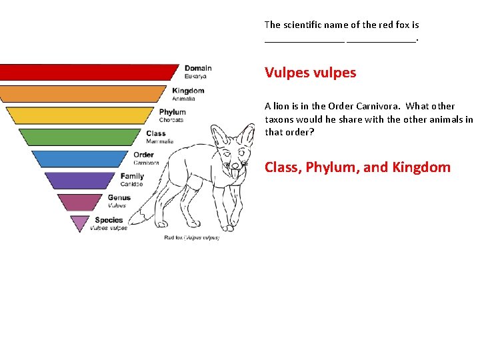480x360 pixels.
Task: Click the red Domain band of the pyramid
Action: pyautogui.click(x=90, y=71)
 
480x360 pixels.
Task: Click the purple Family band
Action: pyautogui.click(x=81, y=180)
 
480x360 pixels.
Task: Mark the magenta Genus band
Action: pyautogui.click(x=81, y=201)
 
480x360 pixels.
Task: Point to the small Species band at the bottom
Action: pyautogui.click(x=80, y=222)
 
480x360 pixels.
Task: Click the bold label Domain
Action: pyautogui.click(x=198, y=68)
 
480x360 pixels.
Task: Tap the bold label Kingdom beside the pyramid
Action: pyautogui.click(x=188, y=91)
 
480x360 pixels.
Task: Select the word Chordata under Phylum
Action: pyautogui.click(x=171, y=120)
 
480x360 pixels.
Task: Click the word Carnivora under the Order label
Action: pyautogui.click(x=146, y=163)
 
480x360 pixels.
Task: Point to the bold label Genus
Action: pyautogui.click(x=119, y=197)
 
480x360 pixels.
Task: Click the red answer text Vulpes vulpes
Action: pyautogui.click(x=310, y=72)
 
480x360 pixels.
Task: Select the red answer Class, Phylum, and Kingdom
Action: pyautogui.click(x=357, y=167)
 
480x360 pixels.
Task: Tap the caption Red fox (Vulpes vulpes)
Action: pyautogui.click(x=192, y=238)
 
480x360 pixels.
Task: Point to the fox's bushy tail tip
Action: pyautogui.click(x=136, y=219)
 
